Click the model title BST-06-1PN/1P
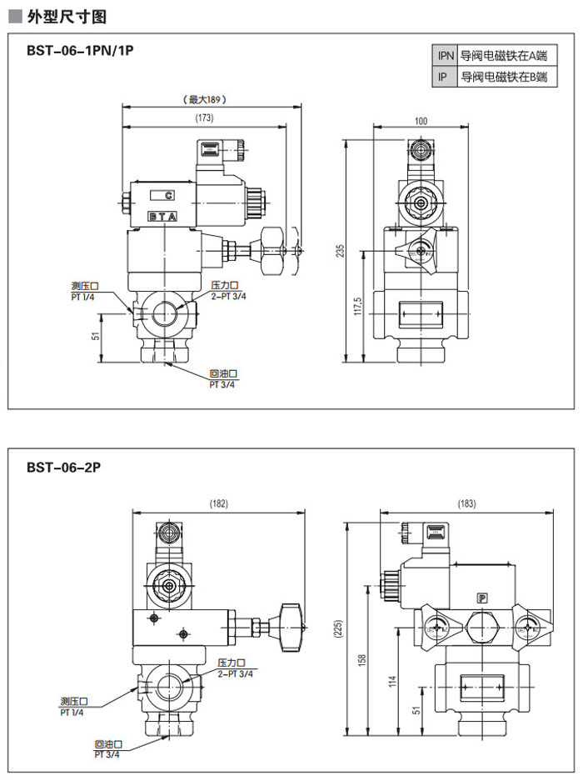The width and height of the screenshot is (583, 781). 80,51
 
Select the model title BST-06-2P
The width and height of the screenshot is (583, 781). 62,468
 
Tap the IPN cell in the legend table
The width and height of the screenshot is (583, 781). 446,56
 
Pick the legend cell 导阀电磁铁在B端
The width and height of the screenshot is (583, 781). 504,77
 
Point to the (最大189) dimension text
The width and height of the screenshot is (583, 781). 204,99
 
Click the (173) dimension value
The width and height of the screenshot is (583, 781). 204,118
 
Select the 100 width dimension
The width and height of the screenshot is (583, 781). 421,122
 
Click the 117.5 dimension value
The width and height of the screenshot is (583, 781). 356,306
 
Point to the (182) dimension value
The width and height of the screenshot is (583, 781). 218,503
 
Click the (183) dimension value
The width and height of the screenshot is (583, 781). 468,503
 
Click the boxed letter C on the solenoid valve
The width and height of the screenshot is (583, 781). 168,196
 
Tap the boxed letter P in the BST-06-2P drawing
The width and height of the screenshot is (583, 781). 481,597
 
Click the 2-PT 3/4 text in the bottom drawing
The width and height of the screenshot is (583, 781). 236,673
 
